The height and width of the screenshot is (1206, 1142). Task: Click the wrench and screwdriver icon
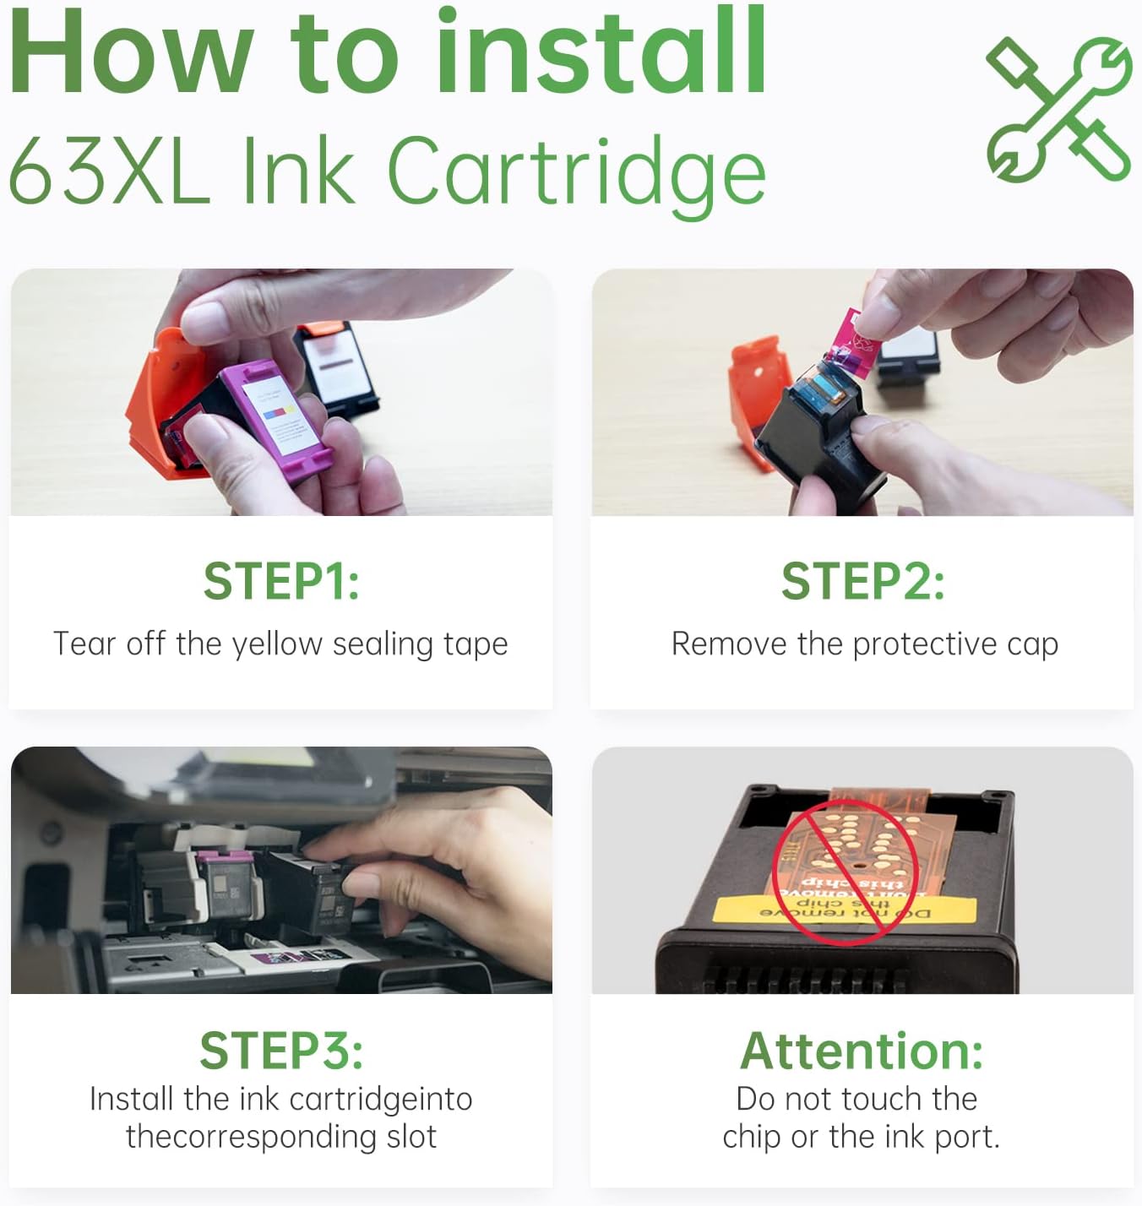click(x=1059, y=110)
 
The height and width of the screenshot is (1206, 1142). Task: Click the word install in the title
click(x=601, y=52)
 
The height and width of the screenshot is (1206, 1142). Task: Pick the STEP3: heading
click(x=281, y=1050)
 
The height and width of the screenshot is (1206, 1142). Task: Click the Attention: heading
click(x=862, y=1051)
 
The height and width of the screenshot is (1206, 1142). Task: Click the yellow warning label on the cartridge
click(x=845, y=910)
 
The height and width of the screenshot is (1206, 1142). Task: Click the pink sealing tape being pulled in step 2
click(x=857, y=342)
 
